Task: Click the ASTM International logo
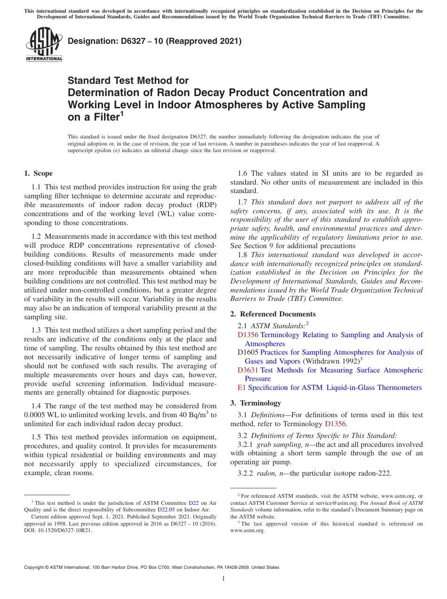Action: [44, 44]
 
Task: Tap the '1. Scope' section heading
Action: [38, 173]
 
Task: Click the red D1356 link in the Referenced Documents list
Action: [248, 335]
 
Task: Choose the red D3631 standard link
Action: [248, 370]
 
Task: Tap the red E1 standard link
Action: [242, 388]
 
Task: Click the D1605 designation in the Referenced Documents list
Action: [248, 352]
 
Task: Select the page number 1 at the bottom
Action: [223, 578]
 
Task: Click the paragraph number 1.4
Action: [37, 406]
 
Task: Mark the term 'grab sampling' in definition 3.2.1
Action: [275, 445]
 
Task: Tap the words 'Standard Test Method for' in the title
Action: [128, 81]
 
